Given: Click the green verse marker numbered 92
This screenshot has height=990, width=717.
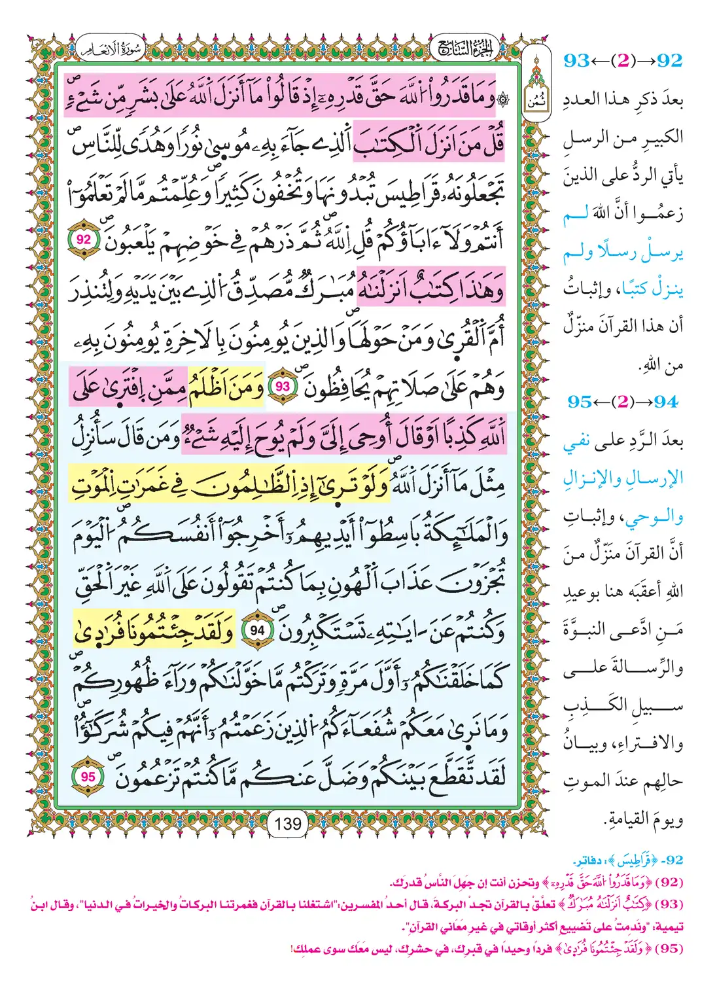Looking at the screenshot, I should pos(84,240).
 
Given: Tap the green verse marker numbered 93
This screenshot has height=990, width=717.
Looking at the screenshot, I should pos(283,387).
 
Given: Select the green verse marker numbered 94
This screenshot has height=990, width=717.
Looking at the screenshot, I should pos(258,631).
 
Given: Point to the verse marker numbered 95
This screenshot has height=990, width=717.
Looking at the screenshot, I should pos(88,777).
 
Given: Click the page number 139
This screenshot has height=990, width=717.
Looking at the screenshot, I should pos(288,823).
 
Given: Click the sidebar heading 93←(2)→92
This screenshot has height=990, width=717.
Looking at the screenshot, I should pos(623,61).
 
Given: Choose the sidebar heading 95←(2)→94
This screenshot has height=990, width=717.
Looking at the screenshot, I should pos(624,402).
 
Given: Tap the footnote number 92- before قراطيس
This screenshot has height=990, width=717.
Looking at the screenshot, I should pos(673,859).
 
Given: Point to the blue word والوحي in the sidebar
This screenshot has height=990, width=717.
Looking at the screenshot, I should pos(655,516).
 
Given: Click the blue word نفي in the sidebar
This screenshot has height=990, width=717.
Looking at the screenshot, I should pos(578,442).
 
